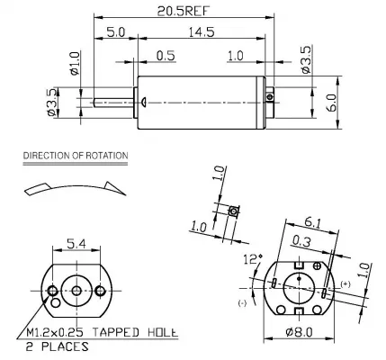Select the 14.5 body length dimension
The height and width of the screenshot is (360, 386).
pos(202,32)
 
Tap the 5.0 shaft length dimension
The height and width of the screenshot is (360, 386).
pos(115,32)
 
